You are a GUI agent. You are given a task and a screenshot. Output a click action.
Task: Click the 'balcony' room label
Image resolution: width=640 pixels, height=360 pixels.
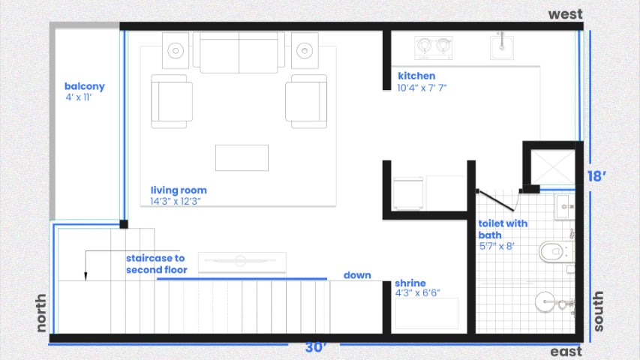85,86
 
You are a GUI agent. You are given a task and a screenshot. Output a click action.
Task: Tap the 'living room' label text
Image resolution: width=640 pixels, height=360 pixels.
179,190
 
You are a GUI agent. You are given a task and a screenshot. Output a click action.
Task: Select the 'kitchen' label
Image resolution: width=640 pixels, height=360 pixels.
416,76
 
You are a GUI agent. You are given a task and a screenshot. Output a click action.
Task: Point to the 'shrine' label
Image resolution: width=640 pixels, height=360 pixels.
410,283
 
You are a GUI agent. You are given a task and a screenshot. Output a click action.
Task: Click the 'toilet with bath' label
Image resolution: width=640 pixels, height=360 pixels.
503,229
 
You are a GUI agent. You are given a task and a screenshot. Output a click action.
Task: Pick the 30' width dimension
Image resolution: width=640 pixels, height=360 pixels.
315,347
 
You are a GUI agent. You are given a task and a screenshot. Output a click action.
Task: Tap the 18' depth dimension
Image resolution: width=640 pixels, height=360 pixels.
596,176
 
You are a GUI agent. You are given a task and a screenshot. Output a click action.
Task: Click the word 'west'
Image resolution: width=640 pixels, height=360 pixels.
565,14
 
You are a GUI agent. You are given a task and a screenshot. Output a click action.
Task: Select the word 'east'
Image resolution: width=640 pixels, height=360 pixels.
566,352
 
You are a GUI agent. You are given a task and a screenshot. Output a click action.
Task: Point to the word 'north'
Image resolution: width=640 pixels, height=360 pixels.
41,313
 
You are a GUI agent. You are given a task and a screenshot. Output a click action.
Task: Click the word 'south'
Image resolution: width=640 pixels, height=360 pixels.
597,311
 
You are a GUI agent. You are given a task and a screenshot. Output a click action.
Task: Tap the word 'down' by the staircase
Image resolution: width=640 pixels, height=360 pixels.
357,275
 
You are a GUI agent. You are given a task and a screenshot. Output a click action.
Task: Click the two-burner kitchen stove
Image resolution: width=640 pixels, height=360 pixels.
434,48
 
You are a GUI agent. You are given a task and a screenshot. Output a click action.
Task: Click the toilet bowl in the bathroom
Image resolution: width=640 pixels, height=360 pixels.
555,252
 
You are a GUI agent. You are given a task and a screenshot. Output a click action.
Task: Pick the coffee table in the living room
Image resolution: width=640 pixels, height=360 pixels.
242,158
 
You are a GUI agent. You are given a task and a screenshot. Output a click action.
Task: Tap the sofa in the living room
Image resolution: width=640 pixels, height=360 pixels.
239,52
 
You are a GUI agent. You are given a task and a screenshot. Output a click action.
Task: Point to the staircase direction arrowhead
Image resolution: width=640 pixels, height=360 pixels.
86,276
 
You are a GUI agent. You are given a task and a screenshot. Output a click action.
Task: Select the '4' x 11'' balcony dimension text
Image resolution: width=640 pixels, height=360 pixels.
79,97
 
